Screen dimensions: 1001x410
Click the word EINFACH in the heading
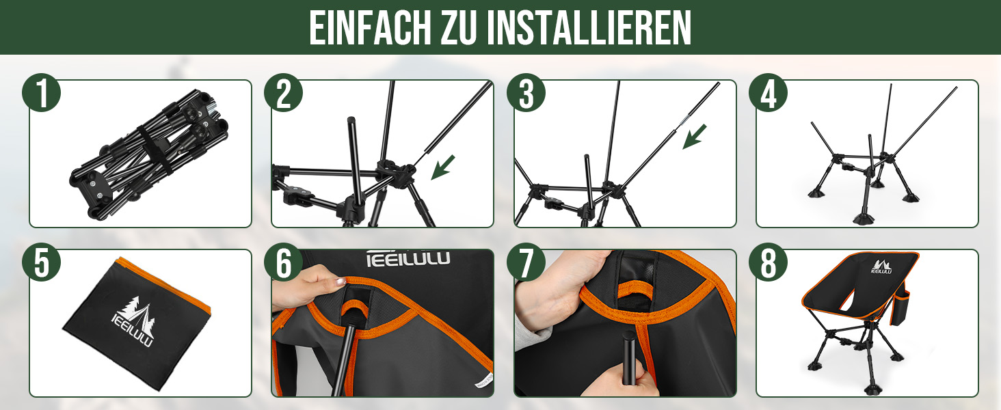371,28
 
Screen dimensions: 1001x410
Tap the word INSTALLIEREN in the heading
589,28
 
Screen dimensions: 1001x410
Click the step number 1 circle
41,92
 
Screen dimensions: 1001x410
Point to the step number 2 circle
283,92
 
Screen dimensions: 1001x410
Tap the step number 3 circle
526,92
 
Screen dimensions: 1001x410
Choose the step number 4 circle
768,92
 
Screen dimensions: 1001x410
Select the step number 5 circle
41,262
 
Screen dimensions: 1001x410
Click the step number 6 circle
283,262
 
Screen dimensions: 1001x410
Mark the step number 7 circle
526,262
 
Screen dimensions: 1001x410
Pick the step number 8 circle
768,262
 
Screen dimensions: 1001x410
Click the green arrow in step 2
442,167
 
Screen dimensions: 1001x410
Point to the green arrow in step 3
695,137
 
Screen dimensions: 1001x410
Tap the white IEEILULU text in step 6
408,258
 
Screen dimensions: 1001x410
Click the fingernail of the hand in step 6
341,282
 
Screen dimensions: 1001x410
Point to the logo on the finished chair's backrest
881,266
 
